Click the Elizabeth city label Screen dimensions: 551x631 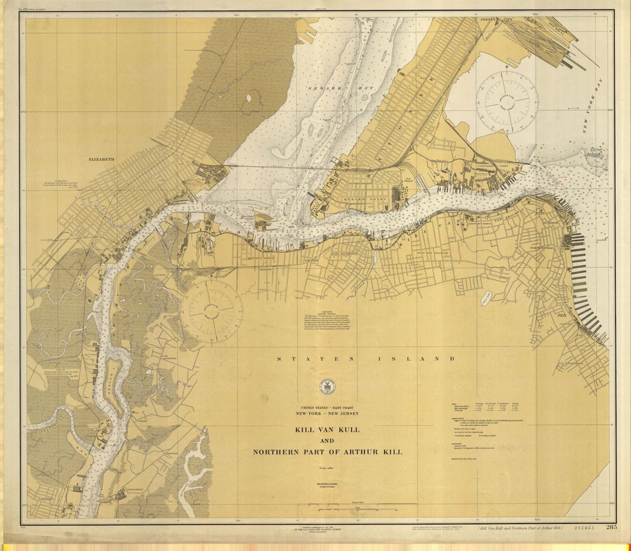click(102, 159)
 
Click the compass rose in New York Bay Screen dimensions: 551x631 click(507, 101)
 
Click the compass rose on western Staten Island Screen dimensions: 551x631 click(212, 311)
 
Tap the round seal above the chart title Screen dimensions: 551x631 click(327, 387)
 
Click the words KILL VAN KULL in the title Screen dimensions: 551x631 click(327, 430)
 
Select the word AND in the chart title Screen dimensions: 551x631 click(327, 441)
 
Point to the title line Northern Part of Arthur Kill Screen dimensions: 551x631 click(327, 452)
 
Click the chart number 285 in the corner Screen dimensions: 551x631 click(611, 527)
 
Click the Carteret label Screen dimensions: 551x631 click(45, 499)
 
